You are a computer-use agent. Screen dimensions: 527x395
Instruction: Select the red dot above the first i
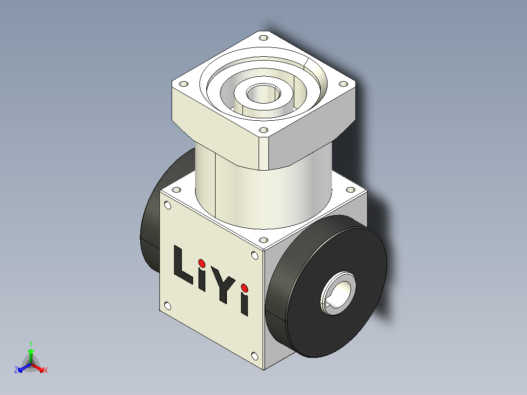pyautogui.click(x=201, y=263)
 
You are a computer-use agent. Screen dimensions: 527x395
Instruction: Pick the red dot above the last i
pyautogui.click(x=244, y=288)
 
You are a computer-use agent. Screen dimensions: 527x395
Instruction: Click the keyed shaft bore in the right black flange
pyautogui.click(x=337, y=293)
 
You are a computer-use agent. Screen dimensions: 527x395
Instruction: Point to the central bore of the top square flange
pyautogui.click(x=263, y=93)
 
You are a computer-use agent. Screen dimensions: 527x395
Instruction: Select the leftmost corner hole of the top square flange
pyautogui.click(x=183, y=84)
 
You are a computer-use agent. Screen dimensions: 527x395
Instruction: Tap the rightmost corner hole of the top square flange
pyautogui.click(x=343, y=84)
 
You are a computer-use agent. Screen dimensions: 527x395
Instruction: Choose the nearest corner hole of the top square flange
pyautogui.click(x=263, y=130)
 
